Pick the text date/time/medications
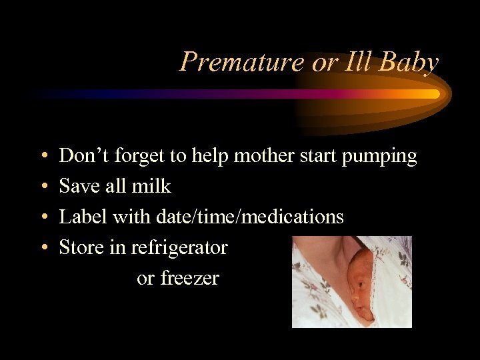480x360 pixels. point(250,217)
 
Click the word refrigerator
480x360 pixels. point(179,248)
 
